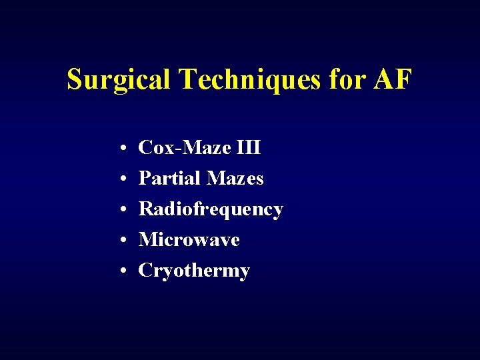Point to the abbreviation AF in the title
pyautogui.click(x=393, y=80)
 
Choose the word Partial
pyautogui.click(x=169, y=178)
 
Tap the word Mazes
pyautogui.click(x=235, y=178)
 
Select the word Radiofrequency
pyautogui.click(x=211, y=209)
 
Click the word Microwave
pyautogui.click(x=189, y=239)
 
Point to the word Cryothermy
pyautogui.click(x=194, y=271)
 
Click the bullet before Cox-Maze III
pyautogui.click(x=125, y=148)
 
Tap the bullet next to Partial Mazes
pyautogui.click(x=125, y=179)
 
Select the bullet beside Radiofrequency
pyautogui.click(x=125, y=209)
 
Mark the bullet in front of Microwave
pyautogui.click(x=125, y=240)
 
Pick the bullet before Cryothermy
pyautogui.click(x=125, y=271)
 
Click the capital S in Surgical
pyautogui.click(x=74, y=80)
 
